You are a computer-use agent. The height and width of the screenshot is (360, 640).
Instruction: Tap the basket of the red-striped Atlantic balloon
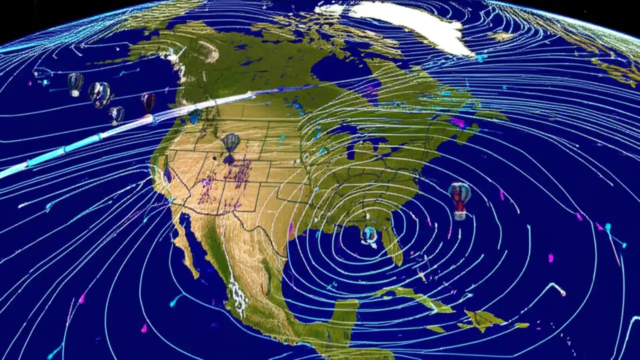(459, 215)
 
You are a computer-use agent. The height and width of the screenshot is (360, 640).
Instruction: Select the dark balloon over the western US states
(230, 143)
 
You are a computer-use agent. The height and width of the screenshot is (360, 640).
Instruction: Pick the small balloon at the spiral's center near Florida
(369, 233)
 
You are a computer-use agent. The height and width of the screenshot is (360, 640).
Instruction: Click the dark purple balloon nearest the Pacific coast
(148, 101)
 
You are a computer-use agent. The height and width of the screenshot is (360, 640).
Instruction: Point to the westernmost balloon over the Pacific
(75, 82)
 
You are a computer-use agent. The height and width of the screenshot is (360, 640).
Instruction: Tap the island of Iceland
(500, 36)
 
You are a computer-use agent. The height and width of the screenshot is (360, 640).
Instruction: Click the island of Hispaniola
(480, 318)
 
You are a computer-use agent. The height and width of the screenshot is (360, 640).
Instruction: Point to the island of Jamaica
(435, 329)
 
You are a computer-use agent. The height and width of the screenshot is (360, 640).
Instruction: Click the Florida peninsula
(392, 245)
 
